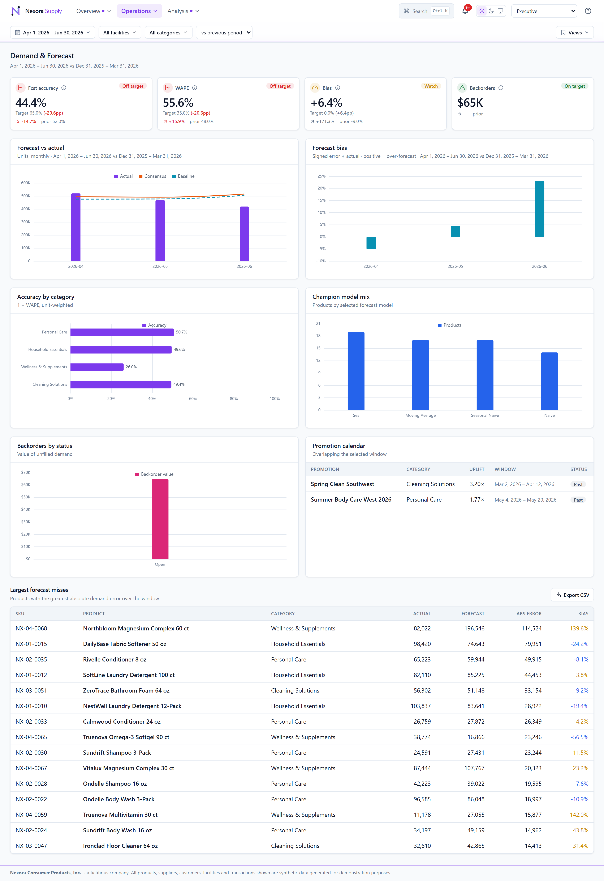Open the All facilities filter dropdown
[120, 33]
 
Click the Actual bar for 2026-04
[76, 227]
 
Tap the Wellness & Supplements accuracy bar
[97, 367]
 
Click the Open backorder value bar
[160, 519]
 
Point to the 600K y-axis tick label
[26, 183]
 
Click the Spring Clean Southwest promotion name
[342, 484]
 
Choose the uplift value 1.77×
[477, 500]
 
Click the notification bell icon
[465, 11]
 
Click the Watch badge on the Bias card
[431, 86]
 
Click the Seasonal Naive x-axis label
[485, 416]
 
